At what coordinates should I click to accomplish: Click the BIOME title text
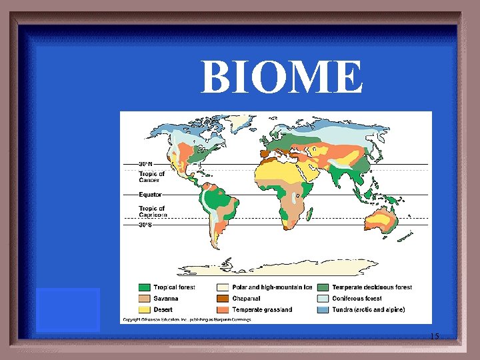[283, 77]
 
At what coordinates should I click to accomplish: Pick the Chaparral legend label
[247, 299]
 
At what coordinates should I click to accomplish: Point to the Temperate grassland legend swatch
[223, 309]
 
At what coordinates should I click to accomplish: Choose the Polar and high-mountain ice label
[272, 287]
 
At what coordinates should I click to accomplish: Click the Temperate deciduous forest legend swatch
[323, 287]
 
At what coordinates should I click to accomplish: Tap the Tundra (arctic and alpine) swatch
[323, 309]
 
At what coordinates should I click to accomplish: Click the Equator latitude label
[150, 195]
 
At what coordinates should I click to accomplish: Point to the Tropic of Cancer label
[151, 177]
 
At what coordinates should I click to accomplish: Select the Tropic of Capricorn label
[151, 212]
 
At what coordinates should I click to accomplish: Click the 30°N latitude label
[146, 164]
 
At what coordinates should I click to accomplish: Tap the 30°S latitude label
[146, 225]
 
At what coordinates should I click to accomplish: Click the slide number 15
[434, 336]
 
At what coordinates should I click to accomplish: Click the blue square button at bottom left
[67, 309]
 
